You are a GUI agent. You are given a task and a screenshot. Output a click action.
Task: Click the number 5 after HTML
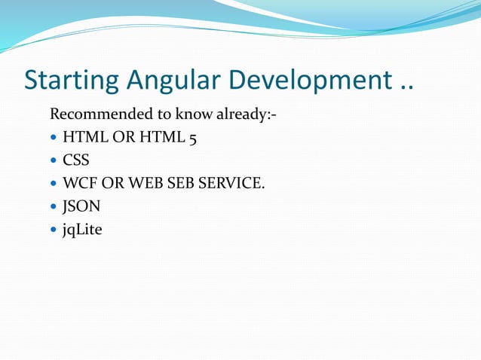tap(193, 139)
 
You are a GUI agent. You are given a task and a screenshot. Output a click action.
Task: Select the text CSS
tap(76, 160)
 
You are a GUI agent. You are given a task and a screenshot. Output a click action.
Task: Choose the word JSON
tap(81, 206)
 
